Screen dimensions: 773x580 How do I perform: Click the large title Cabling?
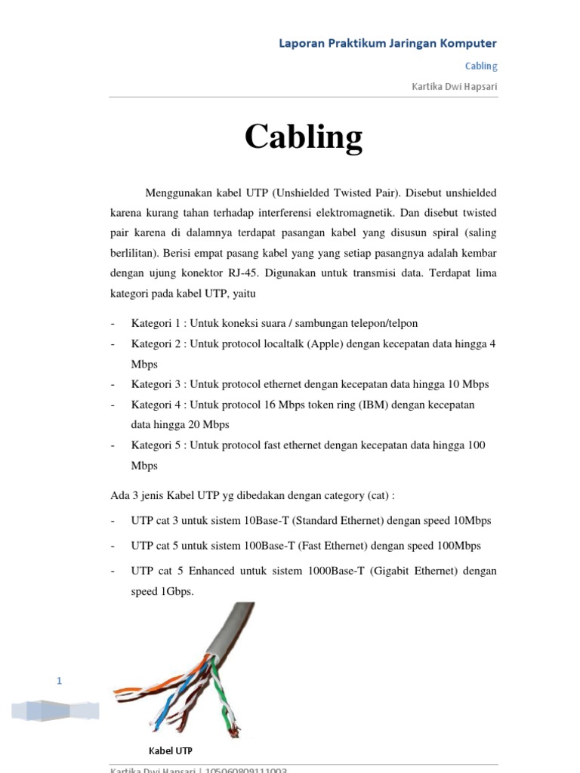point(304,137)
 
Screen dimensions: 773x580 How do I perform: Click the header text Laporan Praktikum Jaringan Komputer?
point(388,43)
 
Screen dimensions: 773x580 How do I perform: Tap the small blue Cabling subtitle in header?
point(480,66)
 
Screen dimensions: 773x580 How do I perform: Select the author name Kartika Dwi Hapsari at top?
point(454,86)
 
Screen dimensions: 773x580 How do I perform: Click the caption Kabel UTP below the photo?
point(170,750)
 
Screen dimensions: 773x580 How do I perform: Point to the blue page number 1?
point(60,682)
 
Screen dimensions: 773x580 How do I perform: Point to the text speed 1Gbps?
point(162,592)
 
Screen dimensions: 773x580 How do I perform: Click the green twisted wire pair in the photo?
point(224,694)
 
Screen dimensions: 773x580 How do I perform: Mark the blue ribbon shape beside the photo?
point(55,710)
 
